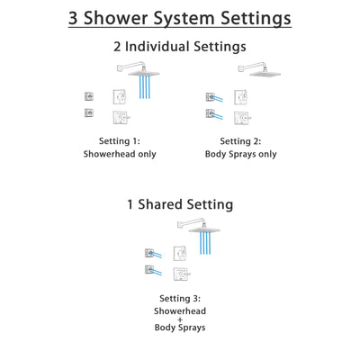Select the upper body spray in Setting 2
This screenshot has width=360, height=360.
pyautogui.click(x=211, y=97)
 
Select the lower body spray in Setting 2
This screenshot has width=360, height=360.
pyautogui.click(x=211, y=113)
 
